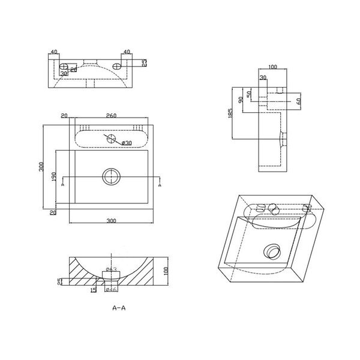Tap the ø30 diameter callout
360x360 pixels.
(x=126, y=143)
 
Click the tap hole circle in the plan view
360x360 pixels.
(x=110, y=137)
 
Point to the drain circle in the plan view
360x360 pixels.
(x=111, y=176)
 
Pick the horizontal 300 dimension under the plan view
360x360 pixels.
(x=111, y=221)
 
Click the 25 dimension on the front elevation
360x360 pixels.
(x=145, y=62)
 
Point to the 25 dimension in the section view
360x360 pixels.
(x=59, y=282)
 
